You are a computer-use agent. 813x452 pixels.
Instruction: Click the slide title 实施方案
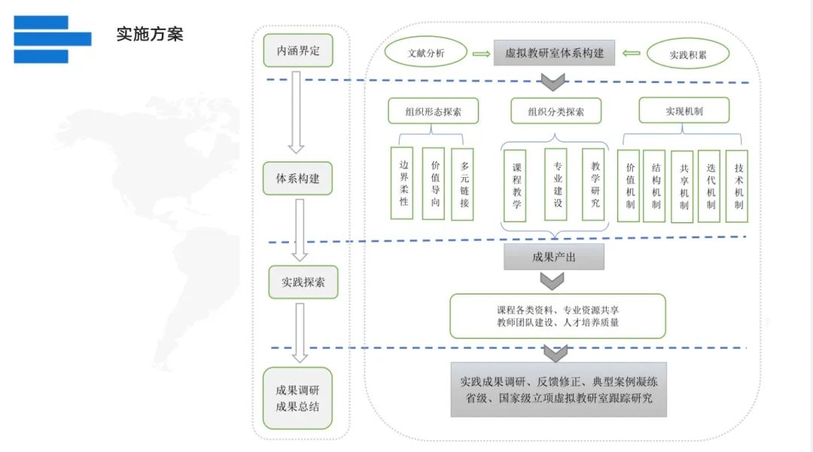tap(150, 34)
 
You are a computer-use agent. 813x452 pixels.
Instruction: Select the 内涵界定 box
tap(298, 50)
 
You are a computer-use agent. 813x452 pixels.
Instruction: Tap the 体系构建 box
tap(297, 179)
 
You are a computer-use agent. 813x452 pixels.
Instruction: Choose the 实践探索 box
tap(303, 282)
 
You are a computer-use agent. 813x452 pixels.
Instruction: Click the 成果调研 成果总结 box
tap(297, 398)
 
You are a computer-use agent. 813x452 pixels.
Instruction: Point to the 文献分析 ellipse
tap(425, 53)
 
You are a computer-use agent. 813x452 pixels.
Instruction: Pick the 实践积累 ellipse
tap(688, 54)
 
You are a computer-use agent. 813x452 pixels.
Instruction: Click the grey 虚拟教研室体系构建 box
tap(554, 53)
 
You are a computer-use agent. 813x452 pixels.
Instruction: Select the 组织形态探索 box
tap(434, 111)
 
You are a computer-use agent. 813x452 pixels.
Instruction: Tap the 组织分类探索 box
tap(556, 111)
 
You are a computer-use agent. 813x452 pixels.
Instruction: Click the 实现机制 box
tap(684, 111)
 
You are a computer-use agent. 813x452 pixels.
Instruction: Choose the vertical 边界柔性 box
tap(402, 183)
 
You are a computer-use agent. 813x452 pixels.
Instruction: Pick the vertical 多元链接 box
tap(462, 185)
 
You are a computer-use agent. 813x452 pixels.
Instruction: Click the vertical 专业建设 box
tap(556, 185)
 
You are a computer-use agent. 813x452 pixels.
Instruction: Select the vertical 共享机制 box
tap(682, 187)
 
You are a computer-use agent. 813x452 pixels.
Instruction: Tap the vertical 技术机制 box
tap(737, 186)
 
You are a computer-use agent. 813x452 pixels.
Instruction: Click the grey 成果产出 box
tap(554, 257)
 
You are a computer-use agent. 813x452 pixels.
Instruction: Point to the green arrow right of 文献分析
tap(481, 53)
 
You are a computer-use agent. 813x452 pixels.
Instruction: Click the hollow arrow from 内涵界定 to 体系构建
tap(296, 112)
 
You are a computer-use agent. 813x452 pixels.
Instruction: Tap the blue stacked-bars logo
tap(53, 39)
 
